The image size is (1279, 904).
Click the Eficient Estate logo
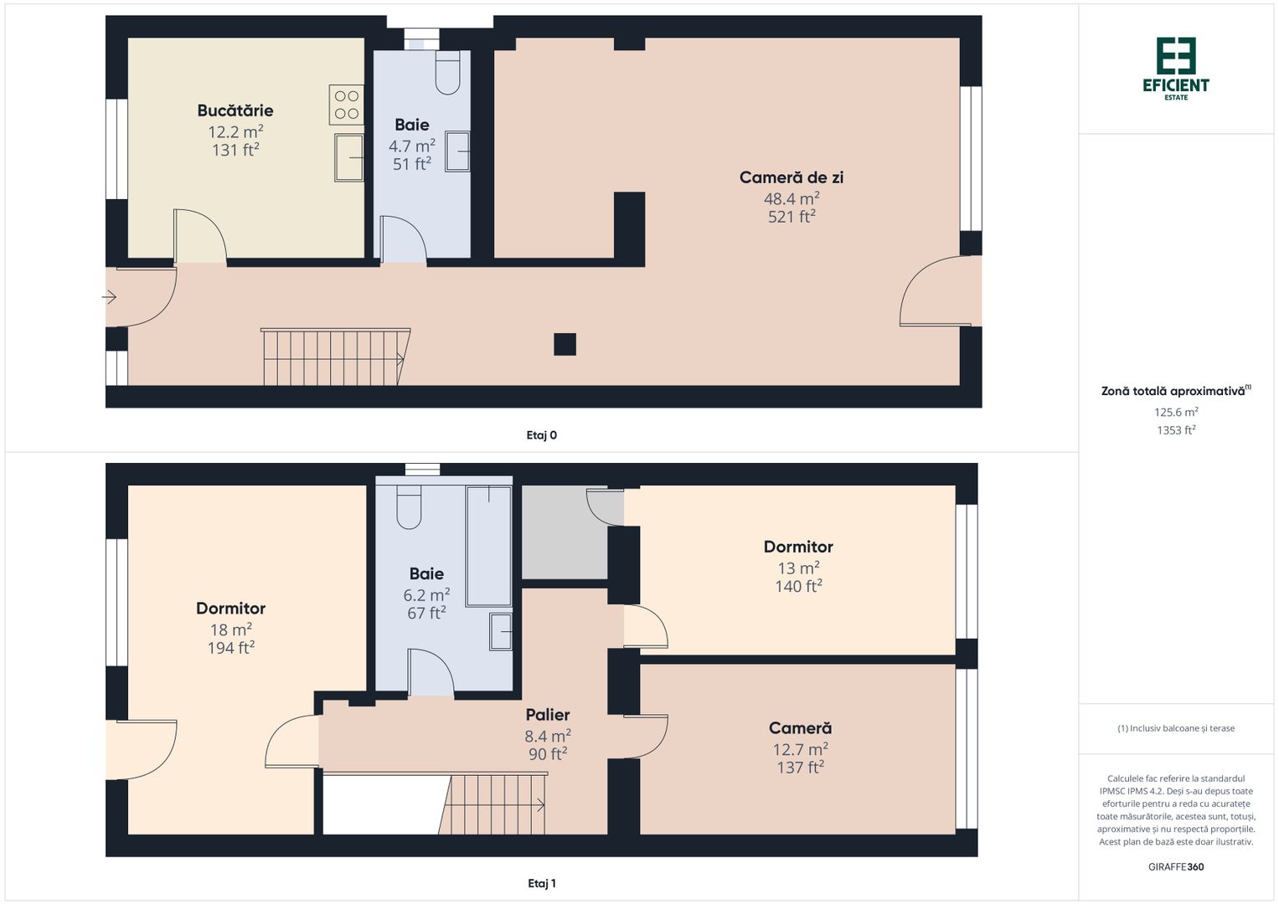coord(1175,68)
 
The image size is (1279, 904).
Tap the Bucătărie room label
coord(235,110)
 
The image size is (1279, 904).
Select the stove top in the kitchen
coord(347,105)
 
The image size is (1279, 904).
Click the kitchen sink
coord(348,157)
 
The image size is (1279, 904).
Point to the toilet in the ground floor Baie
coord(448,73)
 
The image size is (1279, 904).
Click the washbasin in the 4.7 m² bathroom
coord(457,152)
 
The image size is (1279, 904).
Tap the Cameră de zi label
coord(791,177)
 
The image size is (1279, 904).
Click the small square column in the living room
coord(565,344)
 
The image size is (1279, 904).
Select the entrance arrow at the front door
coord(110,297)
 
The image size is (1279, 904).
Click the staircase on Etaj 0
coord(335,357)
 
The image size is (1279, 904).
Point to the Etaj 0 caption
coord(541,435)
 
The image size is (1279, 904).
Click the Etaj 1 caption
coord(541,883)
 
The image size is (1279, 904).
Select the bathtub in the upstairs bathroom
coord(488,545)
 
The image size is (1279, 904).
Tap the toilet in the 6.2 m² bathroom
coord(409,506)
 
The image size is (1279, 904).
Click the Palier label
coord(547,715)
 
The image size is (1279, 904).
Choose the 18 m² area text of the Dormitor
coord(231,629)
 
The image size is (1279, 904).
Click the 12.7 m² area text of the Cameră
coord(800,749)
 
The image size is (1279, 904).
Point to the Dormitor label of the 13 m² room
coord(798,547)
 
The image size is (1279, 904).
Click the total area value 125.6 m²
coord(1175,413)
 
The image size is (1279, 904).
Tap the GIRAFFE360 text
coord(1175,867)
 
